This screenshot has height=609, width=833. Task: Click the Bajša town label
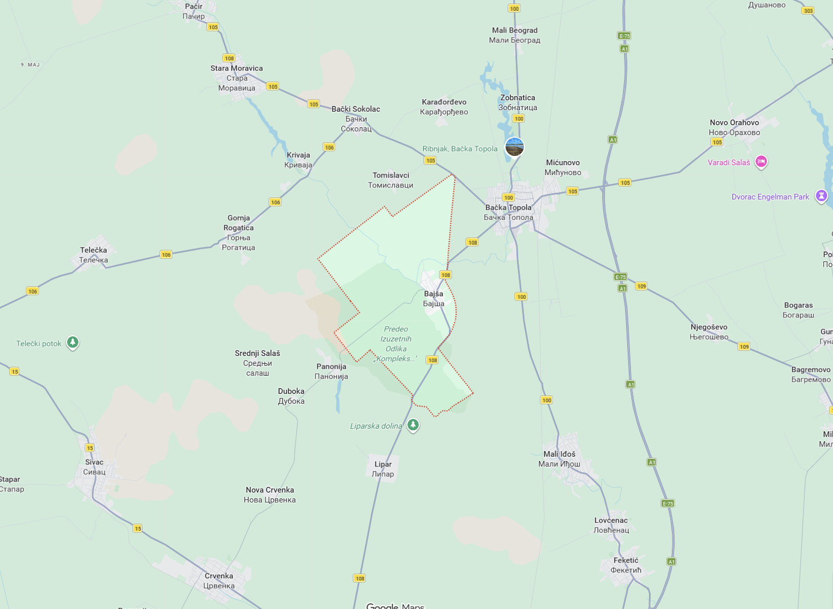433,299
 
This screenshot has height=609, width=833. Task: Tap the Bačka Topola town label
508,213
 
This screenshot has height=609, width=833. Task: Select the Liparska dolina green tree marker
413,426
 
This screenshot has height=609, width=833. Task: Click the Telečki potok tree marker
73,343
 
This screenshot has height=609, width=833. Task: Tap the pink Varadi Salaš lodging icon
761,162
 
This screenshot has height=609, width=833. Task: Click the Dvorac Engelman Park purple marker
821,196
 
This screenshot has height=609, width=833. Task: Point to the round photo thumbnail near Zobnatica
514,147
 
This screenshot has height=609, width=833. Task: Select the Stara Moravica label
236,78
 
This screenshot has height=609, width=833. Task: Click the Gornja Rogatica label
239,232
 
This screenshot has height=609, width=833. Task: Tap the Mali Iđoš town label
559,459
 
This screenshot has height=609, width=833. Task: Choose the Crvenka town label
219,581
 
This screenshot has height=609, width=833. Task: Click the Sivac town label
94,467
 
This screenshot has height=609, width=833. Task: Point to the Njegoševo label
709,332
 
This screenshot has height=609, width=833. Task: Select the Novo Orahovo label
734,127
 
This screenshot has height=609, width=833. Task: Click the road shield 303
808,10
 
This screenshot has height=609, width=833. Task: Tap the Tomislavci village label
391,180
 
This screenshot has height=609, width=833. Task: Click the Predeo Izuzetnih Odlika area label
396,343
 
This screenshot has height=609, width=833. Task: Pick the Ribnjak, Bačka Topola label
460,149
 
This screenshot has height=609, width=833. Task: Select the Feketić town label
626,565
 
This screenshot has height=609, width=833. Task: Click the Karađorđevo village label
444,107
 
